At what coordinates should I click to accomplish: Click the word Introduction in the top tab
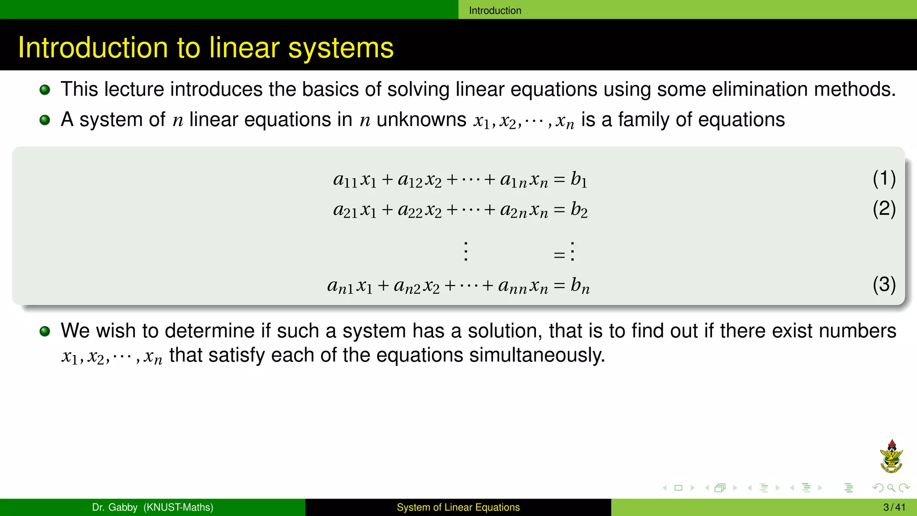tap(495, 10)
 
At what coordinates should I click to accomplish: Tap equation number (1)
tap(884, 178)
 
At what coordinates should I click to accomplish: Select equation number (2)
tap(884, 209)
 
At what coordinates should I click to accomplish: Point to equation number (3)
tap(884, 284)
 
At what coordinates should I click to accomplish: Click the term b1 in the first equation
tap(578, 179)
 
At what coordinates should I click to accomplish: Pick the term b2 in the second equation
tap(578, 209)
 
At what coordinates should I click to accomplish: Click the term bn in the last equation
tap(579, 285)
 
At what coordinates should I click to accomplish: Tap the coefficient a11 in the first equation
tap(345, 180)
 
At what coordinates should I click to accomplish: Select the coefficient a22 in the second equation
tap(410, 210)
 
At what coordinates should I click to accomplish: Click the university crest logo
tap(891, 457)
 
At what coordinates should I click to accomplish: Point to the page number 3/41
tap(894, 507)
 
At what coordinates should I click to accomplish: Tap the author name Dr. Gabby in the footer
tap(115, 507)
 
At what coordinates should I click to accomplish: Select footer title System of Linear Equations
tap(458, 507)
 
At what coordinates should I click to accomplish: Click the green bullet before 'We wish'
tap(45, 331)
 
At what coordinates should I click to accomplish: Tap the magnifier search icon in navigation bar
tap(891, 488)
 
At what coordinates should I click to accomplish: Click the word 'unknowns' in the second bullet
tap(421, 120)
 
